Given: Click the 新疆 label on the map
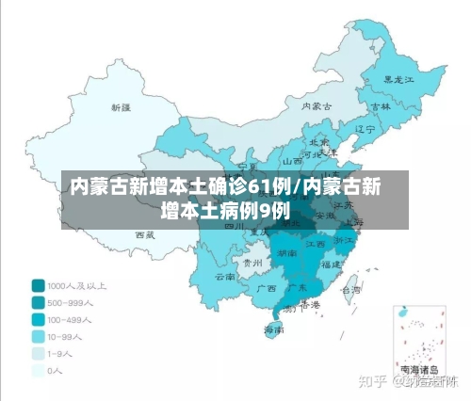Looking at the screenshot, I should [122, 107].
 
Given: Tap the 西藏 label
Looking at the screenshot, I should [143, 233].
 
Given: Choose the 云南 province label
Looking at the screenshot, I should [225, 277].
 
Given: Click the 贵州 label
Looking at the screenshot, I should [252, 263].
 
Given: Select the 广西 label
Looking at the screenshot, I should [267, 287].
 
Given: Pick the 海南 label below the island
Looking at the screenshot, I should [274, 329].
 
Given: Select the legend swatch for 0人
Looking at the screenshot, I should [39, 370].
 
